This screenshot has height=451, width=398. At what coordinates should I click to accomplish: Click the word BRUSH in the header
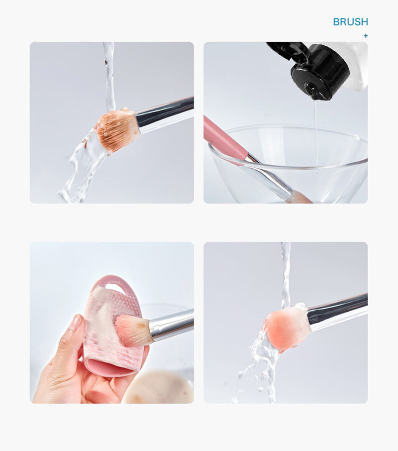350,22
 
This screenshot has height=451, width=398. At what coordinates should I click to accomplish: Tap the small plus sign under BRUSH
366,36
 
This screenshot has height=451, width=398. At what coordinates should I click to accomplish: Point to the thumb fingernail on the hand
76,323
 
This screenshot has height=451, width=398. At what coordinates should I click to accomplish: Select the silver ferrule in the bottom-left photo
169,324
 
